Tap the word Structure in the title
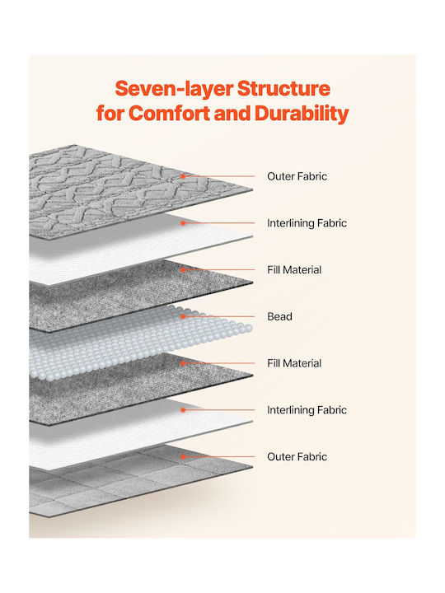(283, 88)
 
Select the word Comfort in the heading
(169, 113)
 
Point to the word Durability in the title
(302, 114)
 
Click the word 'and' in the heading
(232, 113)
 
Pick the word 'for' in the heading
(110, 113)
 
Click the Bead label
(279, 316)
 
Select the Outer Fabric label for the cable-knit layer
(297, 176)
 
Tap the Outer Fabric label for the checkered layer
(297, 456)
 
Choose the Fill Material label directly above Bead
(294, 269)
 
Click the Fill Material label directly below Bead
(294, 363)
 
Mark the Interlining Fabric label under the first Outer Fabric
(307, 223)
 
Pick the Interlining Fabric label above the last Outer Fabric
(307, 410)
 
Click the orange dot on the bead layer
(183, 316)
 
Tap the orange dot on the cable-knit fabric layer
(183, 176)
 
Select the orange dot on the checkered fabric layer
(183, 456)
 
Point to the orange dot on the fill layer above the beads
(183, 269)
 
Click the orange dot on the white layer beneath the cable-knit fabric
(183, 223)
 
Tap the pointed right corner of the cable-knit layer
(252, 189)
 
